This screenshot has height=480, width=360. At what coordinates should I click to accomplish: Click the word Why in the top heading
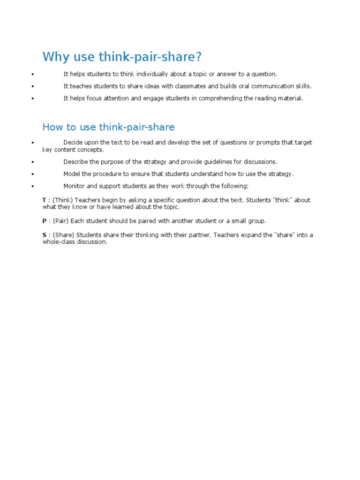[53, 57]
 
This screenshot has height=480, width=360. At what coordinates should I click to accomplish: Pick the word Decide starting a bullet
[73, 142]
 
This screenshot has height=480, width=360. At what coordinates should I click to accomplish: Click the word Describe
[75, 162]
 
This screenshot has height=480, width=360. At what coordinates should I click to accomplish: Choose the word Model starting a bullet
[72, 174]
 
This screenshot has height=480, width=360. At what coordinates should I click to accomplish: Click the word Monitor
[75, 186]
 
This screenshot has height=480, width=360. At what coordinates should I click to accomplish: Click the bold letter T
[44, 200]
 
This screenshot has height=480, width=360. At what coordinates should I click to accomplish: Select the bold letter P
[45, 221]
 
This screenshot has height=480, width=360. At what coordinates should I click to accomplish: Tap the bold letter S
[45, 235]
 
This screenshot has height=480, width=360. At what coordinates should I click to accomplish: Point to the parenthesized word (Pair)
[60, 221]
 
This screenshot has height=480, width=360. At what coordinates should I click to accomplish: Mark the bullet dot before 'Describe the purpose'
[32, 162]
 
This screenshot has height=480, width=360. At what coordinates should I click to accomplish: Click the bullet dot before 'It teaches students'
[32, 87]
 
